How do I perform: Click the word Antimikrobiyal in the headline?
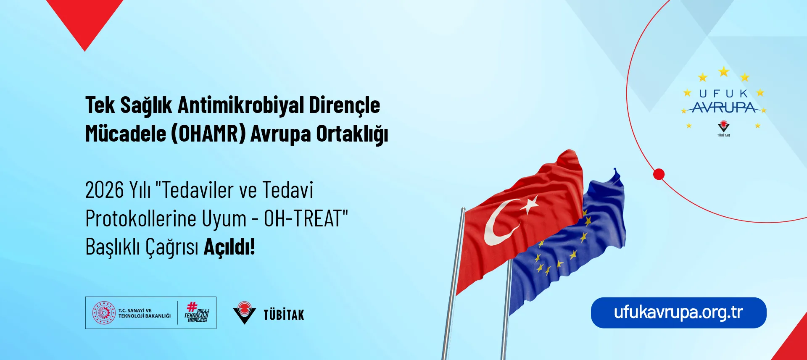pyautogui.click(x=240, y=105)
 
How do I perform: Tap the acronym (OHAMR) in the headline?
pyautogui.click(x=208, y=134)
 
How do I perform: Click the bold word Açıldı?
pyautogui.click(x=229, y=247)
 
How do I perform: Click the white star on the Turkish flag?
pyautogui.click(x=530, y=205)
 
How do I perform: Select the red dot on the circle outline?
pyautogui.click(x=659, y=174)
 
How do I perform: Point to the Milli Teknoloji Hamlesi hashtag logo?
pyautogui.click(x=197, y=312)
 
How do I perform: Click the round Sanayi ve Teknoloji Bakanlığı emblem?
pyautogui.click(x=104, y=313)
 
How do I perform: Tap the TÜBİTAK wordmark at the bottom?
pyautogui.click(x=284, y=315)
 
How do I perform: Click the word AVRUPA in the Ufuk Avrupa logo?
pyautogui.click(x=724, y=108)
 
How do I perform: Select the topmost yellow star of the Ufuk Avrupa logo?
pyautogui.click(x=723, y=71)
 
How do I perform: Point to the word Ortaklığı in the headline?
pyautogui.click(x=352, y=134)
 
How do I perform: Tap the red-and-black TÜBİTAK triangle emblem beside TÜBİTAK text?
pyautogui.click(x=244, y=313)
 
